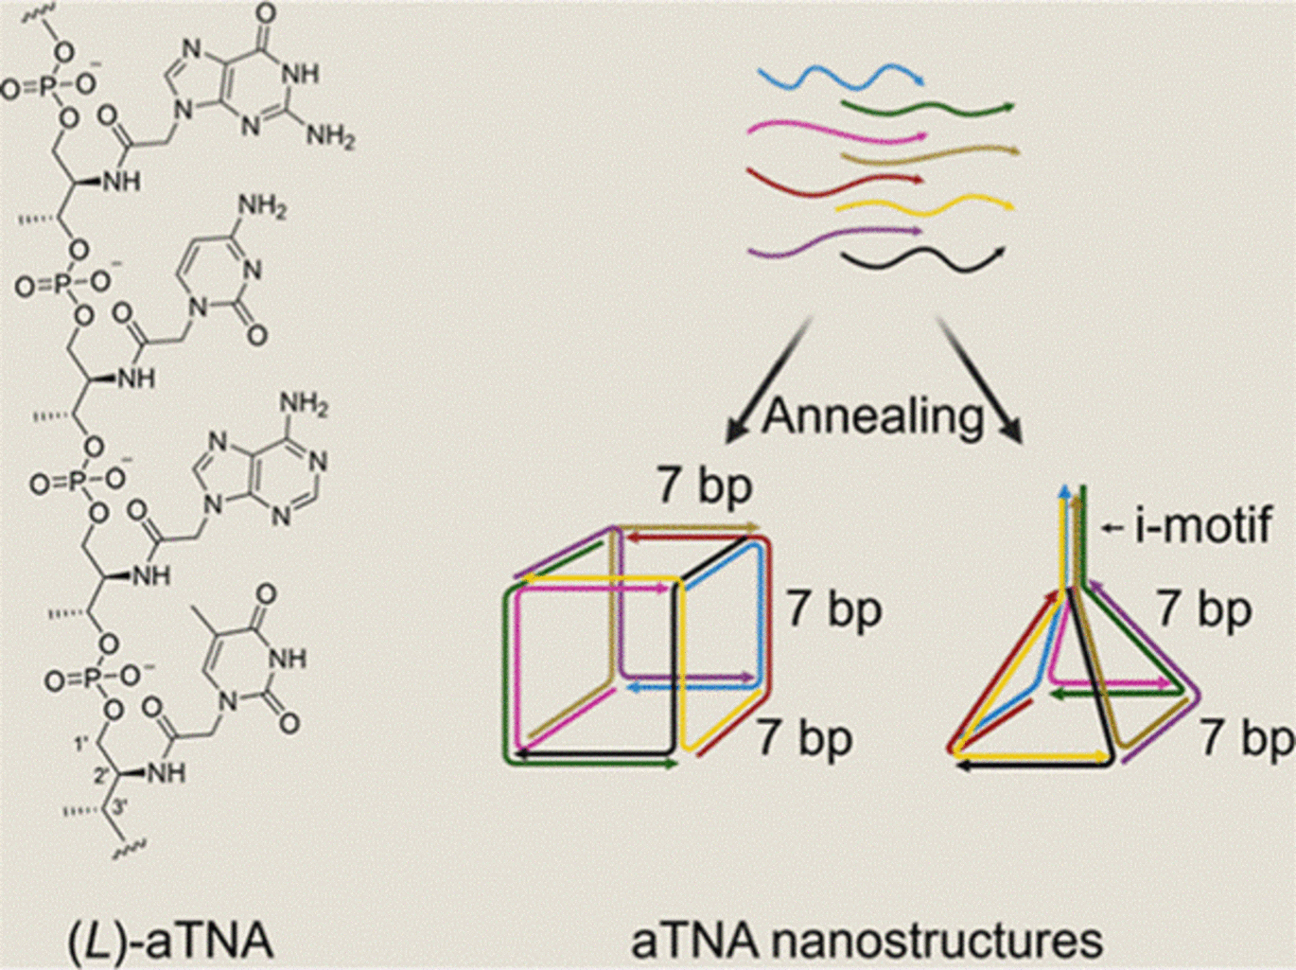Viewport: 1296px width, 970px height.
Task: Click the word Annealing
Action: tap(872, 414)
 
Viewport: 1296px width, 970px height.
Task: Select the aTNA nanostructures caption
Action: tap(867, 941)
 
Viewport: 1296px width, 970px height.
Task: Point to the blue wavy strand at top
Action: tap(842, 76)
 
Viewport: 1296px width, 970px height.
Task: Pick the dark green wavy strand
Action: tap(927, 108)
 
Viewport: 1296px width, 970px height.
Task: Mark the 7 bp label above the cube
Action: tap(705, 487)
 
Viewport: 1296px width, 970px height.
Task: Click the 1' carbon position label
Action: tap(82, 744)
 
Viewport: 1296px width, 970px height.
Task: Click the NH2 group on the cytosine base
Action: tap(262, 206)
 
